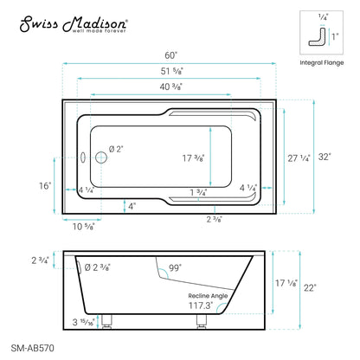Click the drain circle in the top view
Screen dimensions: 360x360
(x=100, y=157)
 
